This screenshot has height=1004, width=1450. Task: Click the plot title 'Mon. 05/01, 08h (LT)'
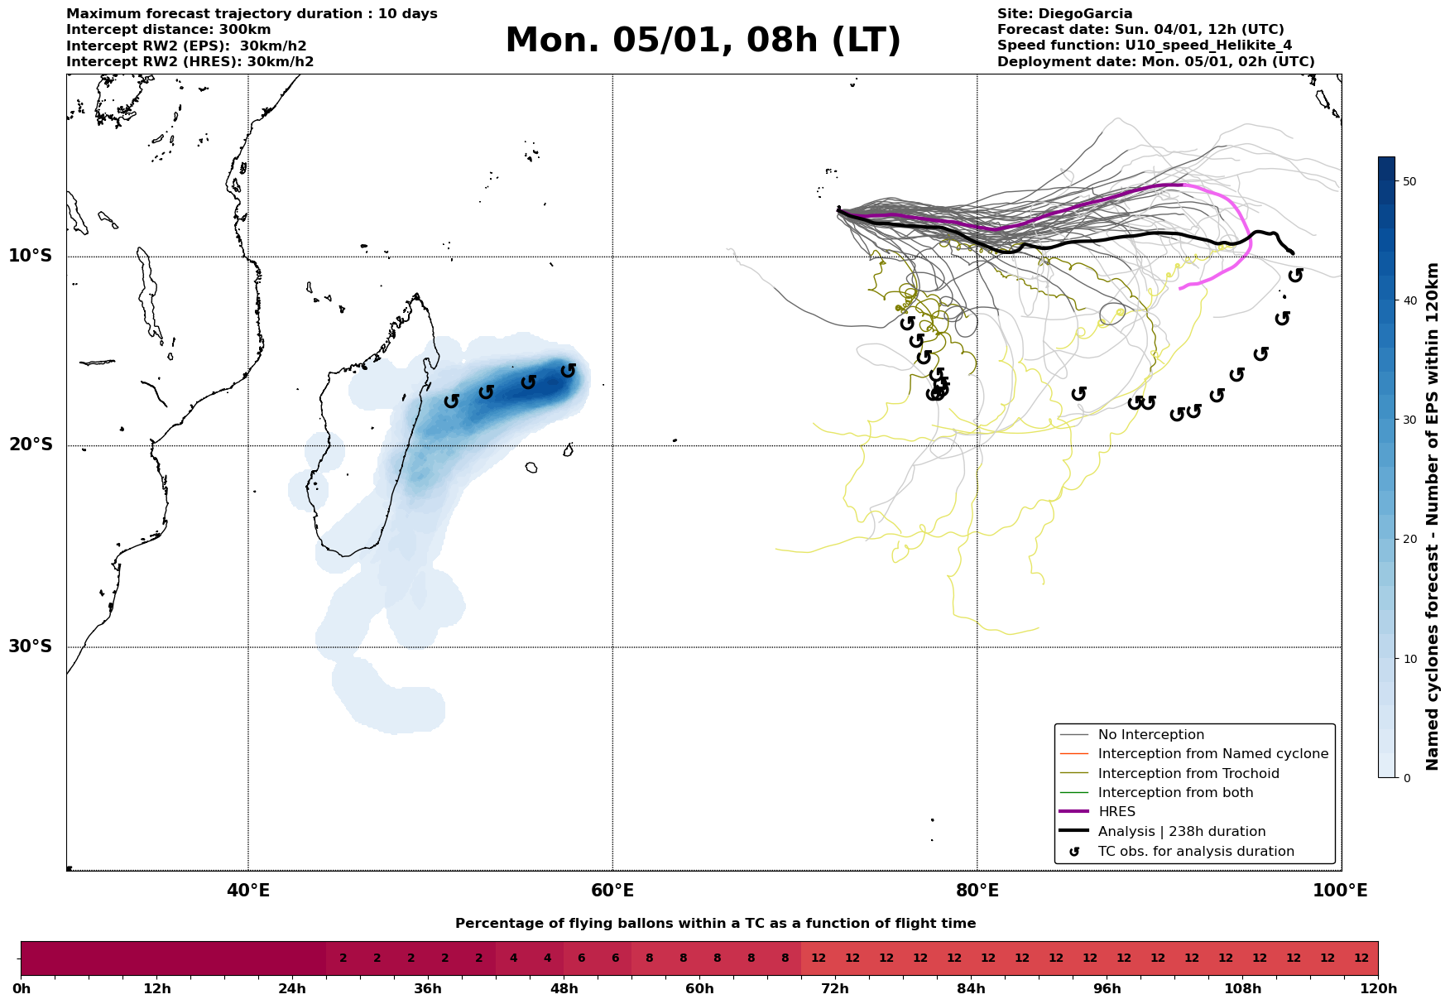(x=703, y=41)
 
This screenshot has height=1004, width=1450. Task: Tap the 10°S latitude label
(x=31, y=256)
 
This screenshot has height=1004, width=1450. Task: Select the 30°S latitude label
(x=31, y=646)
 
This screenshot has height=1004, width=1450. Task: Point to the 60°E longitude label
(x=612, y=891)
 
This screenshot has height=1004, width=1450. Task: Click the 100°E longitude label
(x=1340, y=891)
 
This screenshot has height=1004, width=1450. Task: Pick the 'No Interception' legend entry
(x=1150, y=735)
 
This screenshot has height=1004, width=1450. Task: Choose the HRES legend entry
(x=1116, y=812)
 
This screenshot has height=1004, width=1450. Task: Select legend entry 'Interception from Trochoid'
(x=1188, y=774)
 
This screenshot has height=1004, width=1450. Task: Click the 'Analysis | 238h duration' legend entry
(x=1181, y=832)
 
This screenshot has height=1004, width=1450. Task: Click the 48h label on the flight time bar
(x=564, y=989)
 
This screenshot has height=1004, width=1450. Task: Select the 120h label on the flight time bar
(x=1378, y=989)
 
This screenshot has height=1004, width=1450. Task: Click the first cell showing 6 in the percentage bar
(x=581, y=958)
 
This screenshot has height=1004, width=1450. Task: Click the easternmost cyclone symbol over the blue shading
(x=568, y=371)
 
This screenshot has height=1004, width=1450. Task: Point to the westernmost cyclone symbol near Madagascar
(x=451, y=401)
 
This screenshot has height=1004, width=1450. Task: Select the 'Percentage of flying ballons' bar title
(x=715, y=924)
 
